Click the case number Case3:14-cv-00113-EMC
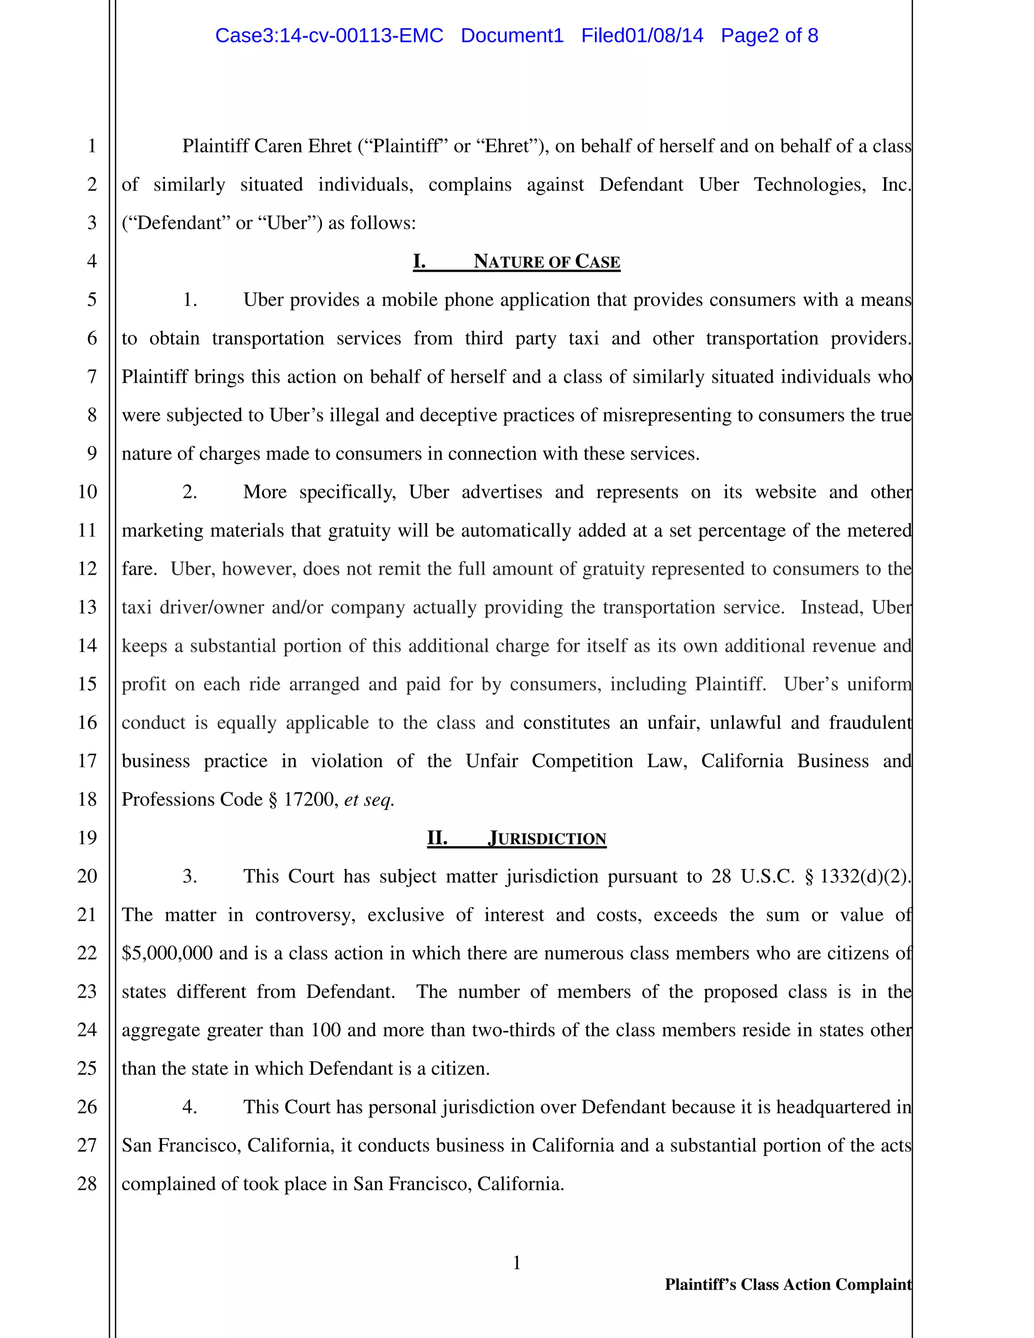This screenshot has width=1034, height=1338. click(x=329, y=35)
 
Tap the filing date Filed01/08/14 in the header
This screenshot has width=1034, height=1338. click(x=642, y=35)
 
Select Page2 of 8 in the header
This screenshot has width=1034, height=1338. click(x=769, y=35)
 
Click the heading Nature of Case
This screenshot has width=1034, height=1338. click(x=546, y=262)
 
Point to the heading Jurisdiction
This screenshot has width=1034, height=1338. click(x=547, y=838)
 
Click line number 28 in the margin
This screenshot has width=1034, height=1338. click(x=87, y=1183)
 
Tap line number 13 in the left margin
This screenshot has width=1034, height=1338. click(x=87, y=606)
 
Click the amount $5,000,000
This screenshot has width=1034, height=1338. click(x=167, y=953)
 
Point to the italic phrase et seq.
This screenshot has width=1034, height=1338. click(x=369, y=799)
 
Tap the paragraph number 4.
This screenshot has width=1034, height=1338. click(x=189, y=1106)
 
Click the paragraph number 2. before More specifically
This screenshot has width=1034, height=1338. click(x=189, y=491)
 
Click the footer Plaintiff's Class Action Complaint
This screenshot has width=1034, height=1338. click(x=788, y=1284)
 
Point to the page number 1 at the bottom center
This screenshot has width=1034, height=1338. click(x=516, y=1262)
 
